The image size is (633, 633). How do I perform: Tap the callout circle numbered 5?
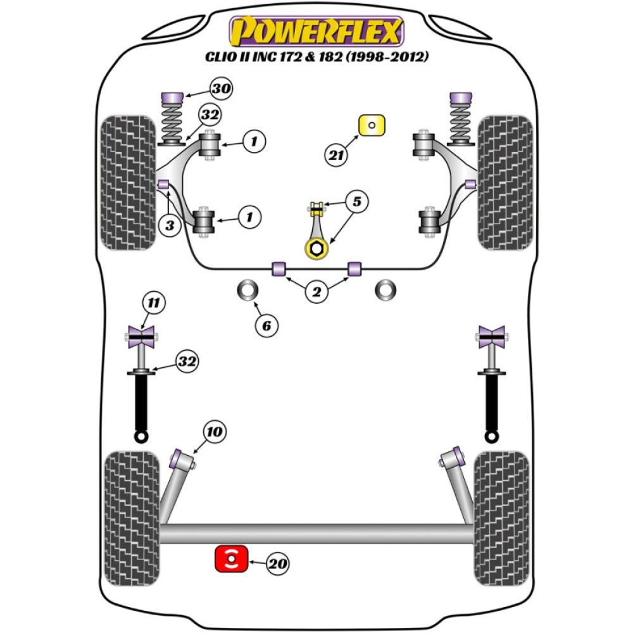click(356, 202)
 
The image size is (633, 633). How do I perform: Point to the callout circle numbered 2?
click(316, 292)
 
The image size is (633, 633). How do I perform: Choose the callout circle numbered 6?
click(266, 325)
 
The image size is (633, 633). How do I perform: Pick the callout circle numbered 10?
click(215, 432)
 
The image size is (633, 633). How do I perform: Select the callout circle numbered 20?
click(277, 563)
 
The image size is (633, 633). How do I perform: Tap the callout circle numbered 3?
click(170, 226)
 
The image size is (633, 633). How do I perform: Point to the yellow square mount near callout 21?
click(372, 125)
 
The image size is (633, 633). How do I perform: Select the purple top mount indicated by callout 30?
click(172, 98)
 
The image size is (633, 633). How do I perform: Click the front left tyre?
click(128, 182)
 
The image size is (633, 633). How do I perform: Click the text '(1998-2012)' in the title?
click(387, 56)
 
